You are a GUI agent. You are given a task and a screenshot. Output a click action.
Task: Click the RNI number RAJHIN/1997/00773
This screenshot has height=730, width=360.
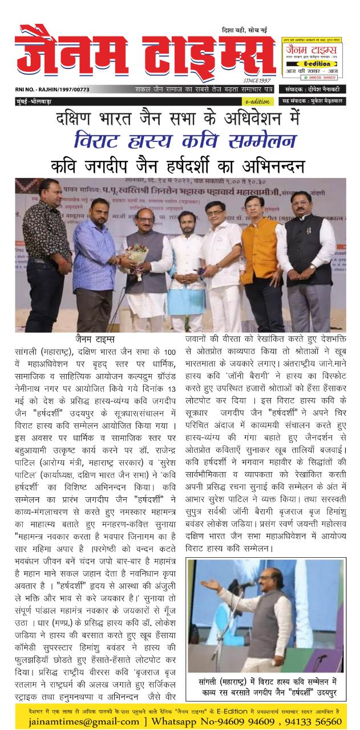coord(52,90)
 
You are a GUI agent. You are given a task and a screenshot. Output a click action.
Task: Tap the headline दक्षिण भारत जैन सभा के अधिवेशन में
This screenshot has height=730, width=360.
coord(180,120)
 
